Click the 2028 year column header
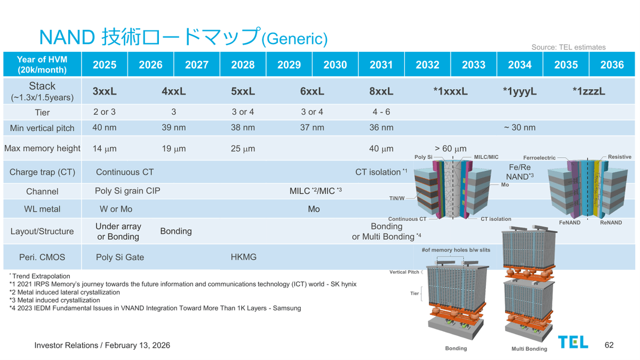[x=243, y=65]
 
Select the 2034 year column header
[x=519, y=65]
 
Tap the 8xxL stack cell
[x=381, y=91]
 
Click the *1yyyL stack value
[x=519, y=91]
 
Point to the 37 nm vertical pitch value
[x=312, y=127]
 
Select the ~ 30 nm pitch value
[x=519, y=127]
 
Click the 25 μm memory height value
[x=243, y=149]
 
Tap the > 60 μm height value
[x=450, y=149]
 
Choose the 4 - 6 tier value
[x=381, y=112]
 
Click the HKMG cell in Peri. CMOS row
[x=243, y=257]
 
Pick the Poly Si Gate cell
[x=120, y=257]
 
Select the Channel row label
[x=42, y=191]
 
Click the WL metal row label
[x=42, y=209]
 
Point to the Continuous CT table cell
[x=125, y=172]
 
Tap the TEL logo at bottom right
[x=573, y=342]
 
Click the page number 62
[x=609, y=345]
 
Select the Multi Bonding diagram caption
[x=529, y=349]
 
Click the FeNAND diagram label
[x=570, y=222]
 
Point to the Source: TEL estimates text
[x=569, y=47]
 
